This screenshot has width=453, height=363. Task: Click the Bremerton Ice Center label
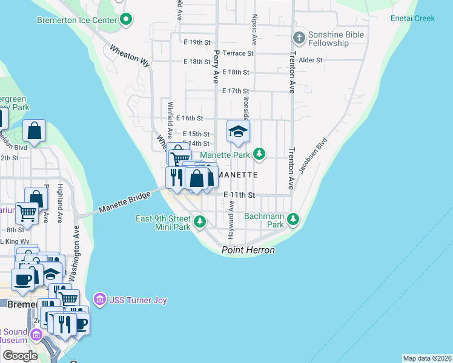[76, 20]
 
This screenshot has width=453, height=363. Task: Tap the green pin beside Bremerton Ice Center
[126, 20]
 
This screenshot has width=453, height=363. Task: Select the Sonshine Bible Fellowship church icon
[298, 38]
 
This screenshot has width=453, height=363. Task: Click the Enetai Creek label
[412, 18]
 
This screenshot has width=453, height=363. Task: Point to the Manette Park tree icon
[259, 154]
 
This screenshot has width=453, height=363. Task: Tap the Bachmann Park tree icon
[293, 218]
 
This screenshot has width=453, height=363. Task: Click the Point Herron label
[248, 250]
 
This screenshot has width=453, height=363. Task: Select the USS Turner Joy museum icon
[100, 299]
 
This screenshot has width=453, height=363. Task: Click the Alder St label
[310, 60]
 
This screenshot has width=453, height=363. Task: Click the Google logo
[21, 356]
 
